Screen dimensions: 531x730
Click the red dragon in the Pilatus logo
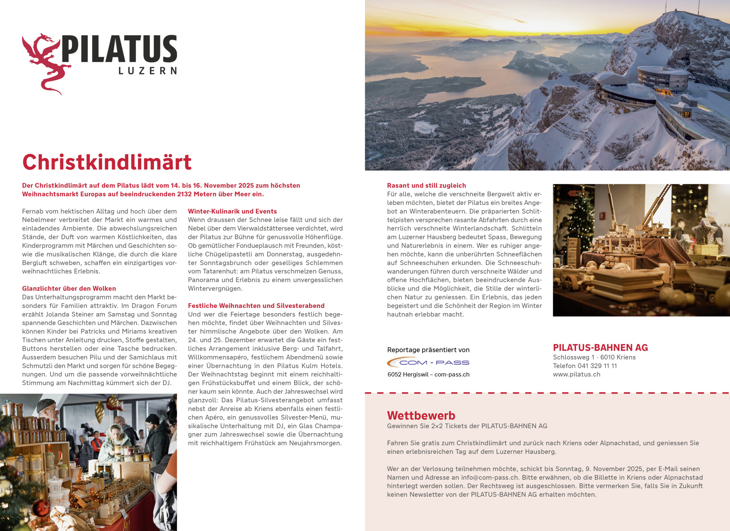click(45, 63)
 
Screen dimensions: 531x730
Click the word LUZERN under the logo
click(148, 71)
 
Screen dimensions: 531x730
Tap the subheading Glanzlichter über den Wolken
click(69, 288)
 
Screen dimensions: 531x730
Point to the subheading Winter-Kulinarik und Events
click(232, 211)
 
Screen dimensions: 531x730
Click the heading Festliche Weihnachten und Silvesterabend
click(256, 305)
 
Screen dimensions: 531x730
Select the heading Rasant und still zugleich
click(426, 185)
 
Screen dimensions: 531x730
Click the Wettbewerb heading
click(421, 416)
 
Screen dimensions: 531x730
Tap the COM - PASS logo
click(428, 363)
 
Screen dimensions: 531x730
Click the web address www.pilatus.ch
click(577, 374)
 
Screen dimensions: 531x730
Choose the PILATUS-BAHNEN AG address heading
click(600, 348)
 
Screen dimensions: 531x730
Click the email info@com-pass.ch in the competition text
click(490, 477)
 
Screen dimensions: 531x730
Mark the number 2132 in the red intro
click(185, 194)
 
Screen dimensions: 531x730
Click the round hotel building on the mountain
click(663, 79)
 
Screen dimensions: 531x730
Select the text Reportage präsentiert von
click(428, 350)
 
